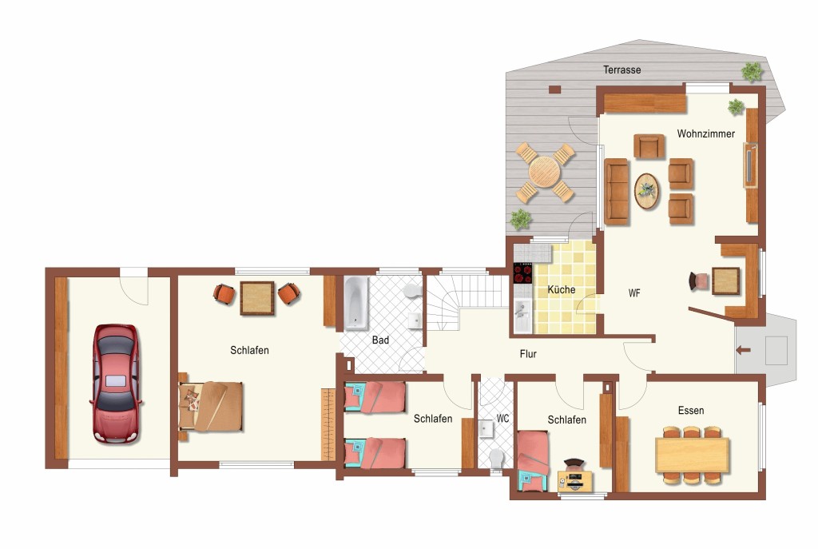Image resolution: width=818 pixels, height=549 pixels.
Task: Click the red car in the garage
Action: tap(116, 384)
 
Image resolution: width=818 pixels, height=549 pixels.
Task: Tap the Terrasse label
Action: tap(621, 70)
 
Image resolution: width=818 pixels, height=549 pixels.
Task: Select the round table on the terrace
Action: tap(545, 172)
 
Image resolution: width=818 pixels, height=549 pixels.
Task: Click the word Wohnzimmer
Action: tap(705, 133)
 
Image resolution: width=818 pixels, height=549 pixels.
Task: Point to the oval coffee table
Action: tap(646, 191)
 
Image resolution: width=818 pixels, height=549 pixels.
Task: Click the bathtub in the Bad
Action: tap(355, 303)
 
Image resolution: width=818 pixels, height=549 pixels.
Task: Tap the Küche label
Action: tap(562, 289)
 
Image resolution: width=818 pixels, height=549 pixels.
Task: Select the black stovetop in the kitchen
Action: tap(522, 273)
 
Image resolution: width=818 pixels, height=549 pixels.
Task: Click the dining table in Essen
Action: tap(692, 455)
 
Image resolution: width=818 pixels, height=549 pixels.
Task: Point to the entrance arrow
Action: tap(744, 350)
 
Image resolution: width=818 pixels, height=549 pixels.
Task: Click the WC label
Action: tap(502, 419)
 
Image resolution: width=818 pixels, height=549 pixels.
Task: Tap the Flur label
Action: tap(528, 354)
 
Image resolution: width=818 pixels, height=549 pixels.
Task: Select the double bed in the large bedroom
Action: tap(211, 407)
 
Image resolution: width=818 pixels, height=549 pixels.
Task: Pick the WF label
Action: tap(633, 293)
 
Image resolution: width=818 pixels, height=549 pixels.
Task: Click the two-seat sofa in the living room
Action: tap(616, 191)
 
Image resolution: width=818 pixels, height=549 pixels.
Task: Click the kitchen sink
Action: tap(522, 316)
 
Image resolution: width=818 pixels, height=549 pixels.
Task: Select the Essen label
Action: tap(691, 411)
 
